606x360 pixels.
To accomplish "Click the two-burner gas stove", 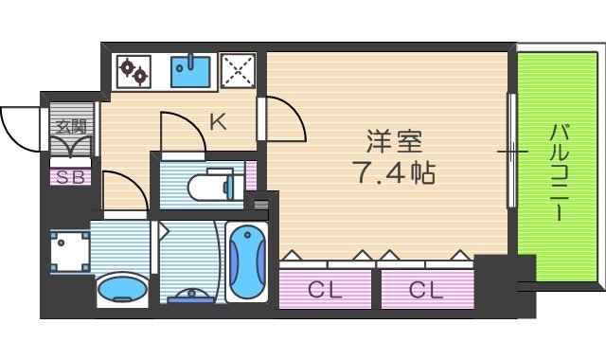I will point(134,72).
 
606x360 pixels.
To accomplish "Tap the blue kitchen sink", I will point(190,71).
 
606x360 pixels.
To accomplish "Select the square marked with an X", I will point(238,71).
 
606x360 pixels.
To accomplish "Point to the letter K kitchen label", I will point(217,122).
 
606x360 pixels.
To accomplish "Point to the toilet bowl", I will point(207,186).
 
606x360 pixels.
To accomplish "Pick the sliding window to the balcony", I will point(512,151).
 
